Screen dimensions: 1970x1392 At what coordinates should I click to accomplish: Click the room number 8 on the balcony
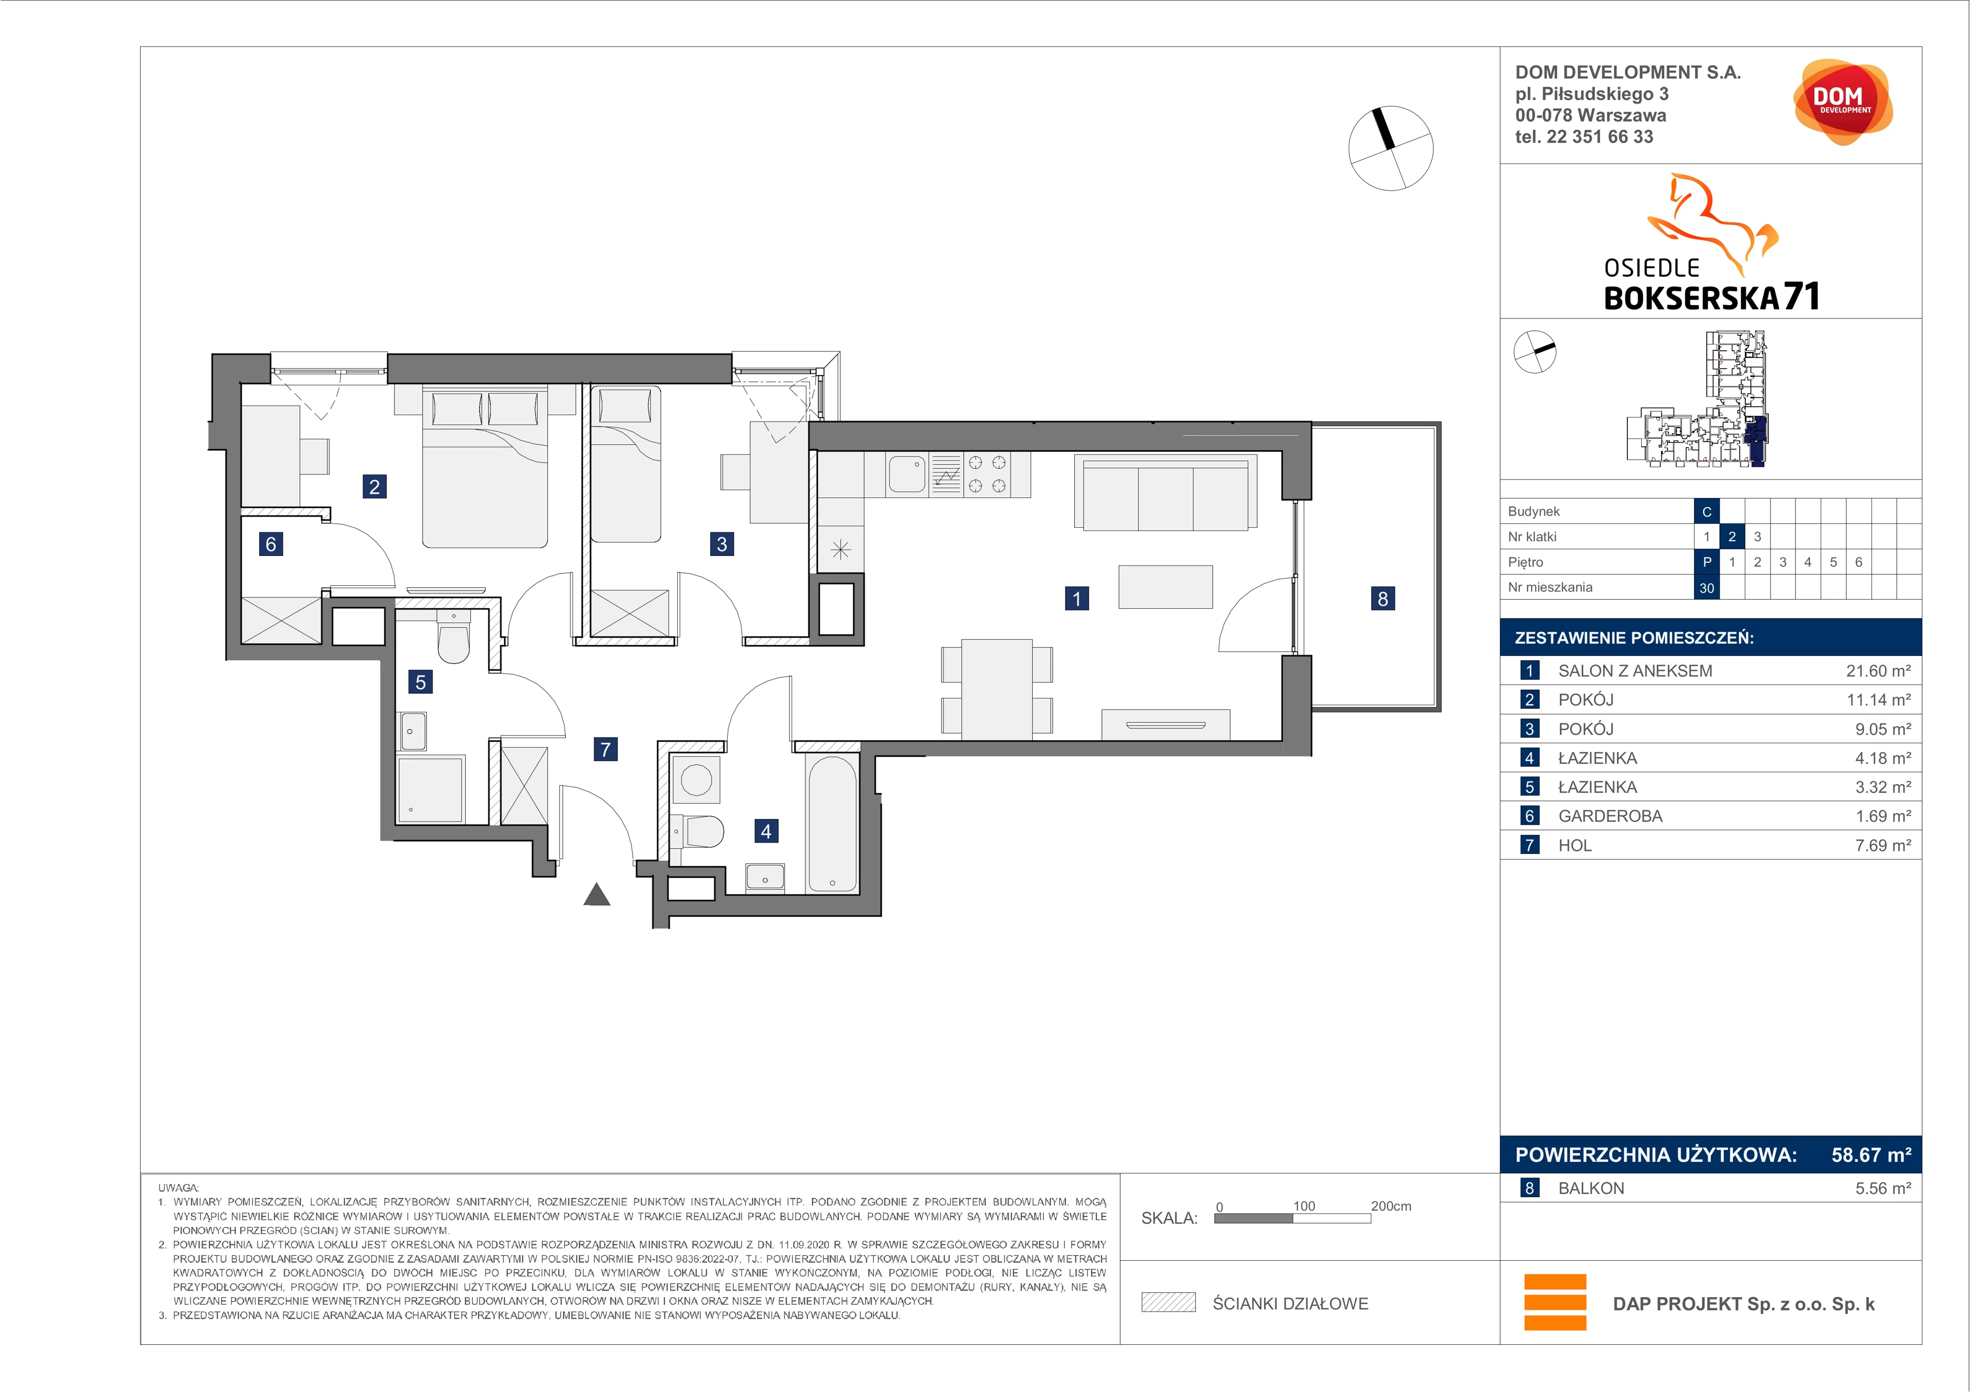click(1382, 599)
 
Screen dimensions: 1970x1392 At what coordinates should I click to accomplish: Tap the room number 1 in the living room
click(1077, 599)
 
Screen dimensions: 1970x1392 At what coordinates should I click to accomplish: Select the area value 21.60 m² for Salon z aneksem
click(1878, 671)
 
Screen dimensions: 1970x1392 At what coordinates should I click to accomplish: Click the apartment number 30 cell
click(1707, 587)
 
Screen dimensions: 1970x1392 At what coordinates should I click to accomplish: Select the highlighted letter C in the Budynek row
click(1707, 511)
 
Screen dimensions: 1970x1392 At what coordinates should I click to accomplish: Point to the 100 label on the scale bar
click(1304, 1206)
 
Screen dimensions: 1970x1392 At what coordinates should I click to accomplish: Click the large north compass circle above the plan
click(1391, 148)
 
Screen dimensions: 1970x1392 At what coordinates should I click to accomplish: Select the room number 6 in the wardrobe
click(271, 544)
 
